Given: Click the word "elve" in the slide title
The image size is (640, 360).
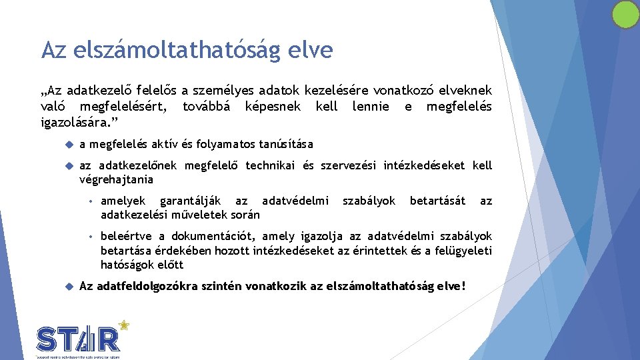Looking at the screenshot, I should [x=311, y=50].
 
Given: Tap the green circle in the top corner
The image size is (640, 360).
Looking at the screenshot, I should [x=625, y=15].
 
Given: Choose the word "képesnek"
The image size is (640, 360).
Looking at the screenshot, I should [x=273, y=106].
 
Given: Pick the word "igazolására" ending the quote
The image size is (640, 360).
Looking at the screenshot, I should [x=73, y=122].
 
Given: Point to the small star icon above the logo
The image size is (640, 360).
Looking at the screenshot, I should [x=123, y=325].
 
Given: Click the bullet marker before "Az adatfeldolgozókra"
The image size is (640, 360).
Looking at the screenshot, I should [x=69, y=287].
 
